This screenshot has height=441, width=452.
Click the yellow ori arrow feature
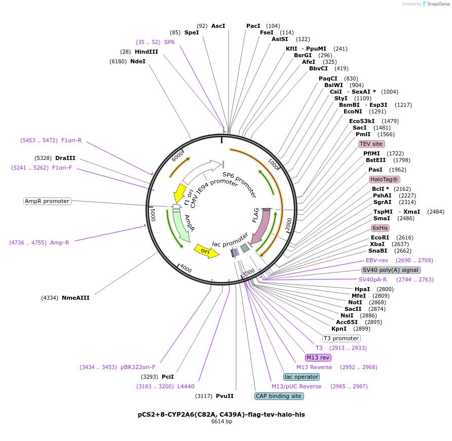(207, 251)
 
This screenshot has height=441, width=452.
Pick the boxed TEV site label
(371, 144)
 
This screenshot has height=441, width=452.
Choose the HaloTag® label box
(384, 179)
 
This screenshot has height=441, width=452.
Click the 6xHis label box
(380, 228)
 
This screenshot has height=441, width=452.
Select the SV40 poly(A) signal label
(391, 270)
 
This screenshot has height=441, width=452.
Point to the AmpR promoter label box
(47, 201)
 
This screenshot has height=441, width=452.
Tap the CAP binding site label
(279, 396)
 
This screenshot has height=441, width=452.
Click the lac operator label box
(302, 377)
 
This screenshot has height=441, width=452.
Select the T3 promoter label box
(341, 338)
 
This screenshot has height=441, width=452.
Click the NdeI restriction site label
(138, 61)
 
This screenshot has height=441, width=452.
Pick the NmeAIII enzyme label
(76, 298)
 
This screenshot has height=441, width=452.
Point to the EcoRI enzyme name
(380, 237)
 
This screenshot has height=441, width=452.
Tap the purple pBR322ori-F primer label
(138, 367)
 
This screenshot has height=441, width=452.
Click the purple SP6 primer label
(169, 42)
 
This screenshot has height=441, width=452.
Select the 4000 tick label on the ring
(186, 269)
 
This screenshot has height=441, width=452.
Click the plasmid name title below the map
(221, 414)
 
